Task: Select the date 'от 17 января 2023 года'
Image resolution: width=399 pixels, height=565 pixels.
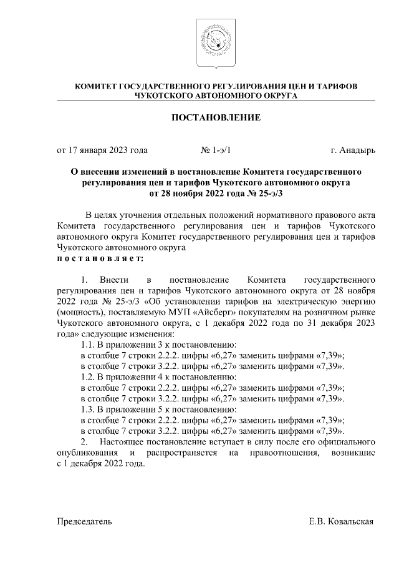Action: pos(102,150)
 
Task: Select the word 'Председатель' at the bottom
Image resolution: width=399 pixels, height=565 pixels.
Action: pos(85,521)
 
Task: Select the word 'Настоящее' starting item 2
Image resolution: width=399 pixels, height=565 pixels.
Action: pos(128,442)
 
